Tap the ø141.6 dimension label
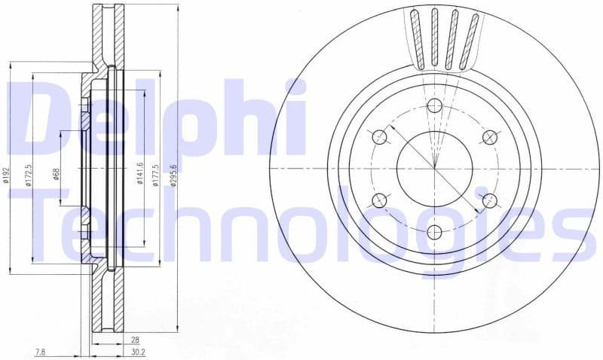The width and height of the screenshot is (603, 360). [140, 175]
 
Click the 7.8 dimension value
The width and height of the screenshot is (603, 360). [41, 352]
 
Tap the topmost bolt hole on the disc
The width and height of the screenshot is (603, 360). [434, 105]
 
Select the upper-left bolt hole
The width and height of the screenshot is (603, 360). [380, 136]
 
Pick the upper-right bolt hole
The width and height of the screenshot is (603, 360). [489, 136]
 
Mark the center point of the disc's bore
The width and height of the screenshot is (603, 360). [434, 168]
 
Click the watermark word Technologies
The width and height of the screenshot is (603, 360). [301, 226]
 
